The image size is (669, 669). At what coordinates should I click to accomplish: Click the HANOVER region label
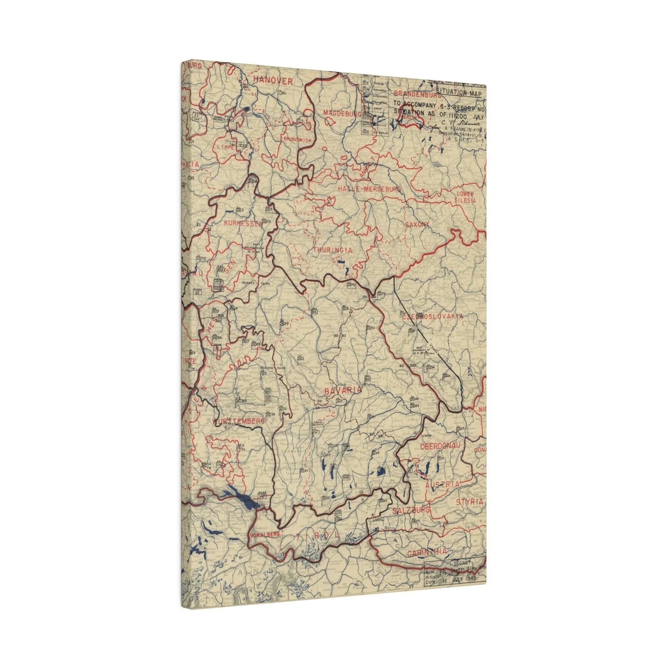[273, 81]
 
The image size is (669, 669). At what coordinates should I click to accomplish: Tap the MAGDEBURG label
[342, 114]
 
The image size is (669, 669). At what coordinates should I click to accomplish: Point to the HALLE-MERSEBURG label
[369, 189]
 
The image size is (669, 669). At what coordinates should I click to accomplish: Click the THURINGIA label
[332, 250]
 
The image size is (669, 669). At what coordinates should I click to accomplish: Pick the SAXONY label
[417, 225]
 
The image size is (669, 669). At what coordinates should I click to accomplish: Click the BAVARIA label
[343, 391]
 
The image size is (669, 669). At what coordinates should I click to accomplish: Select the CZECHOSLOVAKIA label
[432, 316]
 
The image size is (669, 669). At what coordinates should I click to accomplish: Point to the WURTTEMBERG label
[238, 421]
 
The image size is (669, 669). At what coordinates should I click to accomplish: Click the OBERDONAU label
[442, 447]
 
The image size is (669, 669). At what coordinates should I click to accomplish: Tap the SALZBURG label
[411, 510]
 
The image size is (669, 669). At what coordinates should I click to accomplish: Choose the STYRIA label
[469, 501]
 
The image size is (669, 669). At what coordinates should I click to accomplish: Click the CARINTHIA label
[427, 552]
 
